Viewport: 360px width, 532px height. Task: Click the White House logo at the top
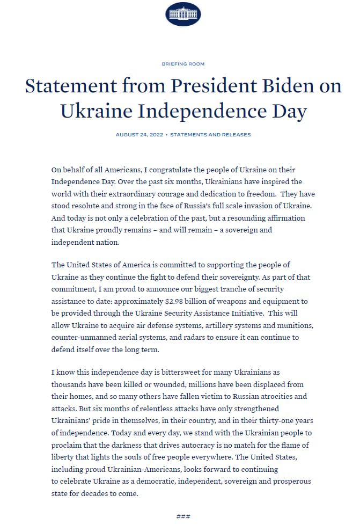183,14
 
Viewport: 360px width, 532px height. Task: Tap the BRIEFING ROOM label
183,64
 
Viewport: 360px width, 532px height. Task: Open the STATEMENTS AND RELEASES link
210,135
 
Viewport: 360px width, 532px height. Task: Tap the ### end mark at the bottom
183,516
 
